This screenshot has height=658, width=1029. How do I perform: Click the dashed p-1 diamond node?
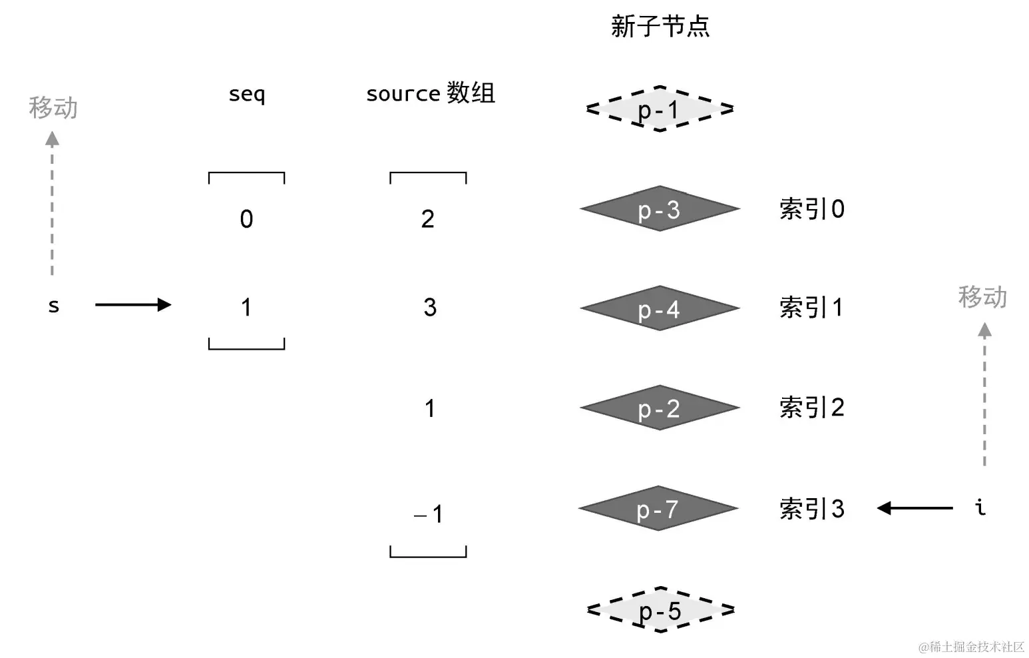pos(660,109)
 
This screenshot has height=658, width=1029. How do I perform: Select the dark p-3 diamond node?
pos(660,209)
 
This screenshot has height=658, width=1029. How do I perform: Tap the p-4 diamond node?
pos(660,308)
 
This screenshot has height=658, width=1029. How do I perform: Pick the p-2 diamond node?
pos(660,408)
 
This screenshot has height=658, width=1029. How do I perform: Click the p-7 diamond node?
pos(658,509)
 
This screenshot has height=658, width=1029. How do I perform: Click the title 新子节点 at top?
pos(660,27)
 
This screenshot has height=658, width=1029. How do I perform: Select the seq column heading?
pos(246,94)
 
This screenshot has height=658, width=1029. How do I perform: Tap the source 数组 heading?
pos(431,93)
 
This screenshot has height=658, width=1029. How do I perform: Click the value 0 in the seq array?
pos(246,219)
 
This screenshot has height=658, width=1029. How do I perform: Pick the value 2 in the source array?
pos(428,219)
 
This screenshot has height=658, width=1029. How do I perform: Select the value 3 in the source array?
pos(430,307)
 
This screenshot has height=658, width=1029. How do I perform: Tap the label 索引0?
pos(812,209)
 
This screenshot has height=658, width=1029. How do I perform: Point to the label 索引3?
pos(812,509)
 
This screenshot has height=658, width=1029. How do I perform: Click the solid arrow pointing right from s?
pos(133,305)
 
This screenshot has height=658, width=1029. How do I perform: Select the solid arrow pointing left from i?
pos(915,508)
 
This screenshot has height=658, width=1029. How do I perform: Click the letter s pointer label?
pos(54,306)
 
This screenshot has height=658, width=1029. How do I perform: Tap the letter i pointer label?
pos(980,507)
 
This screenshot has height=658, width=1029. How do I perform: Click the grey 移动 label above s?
pos(53,107)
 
